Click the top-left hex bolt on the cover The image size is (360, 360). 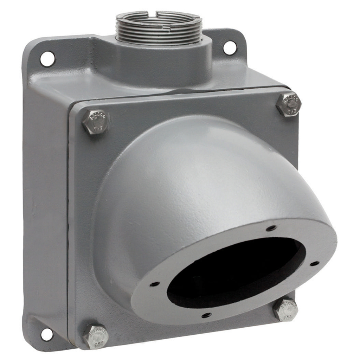click(96, 122)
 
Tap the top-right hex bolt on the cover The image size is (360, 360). click(289, 104)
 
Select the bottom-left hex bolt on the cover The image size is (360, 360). click(96, 336)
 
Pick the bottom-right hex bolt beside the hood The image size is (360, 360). click(285, 309)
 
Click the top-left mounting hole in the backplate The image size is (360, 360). click(47, 59)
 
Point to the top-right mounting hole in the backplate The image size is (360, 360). click(230, 48)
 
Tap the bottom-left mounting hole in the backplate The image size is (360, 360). click(47, 334)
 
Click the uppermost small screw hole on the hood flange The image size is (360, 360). click(271, 228)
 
